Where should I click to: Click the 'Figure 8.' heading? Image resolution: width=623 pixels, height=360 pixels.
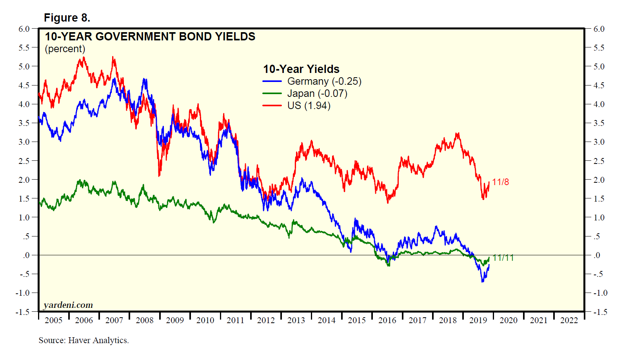tap(67, 18)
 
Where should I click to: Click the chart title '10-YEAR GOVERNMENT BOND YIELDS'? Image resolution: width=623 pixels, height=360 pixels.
tap(150, 37)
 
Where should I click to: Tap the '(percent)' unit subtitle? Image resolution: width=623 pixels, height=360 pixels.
tap(65, 49)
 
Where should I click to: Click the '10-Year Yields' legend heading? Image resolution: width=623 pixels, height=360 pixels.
tap(301, 69)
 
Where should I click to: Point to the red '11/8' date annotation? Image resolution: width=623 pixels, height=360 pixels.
tap(501, 182)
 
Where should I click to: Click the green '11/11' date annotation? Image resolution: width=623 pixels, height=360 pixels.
tap(503, 258)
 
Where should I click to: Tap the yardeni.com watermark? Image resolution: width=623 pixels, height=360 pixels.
tap(68, 305)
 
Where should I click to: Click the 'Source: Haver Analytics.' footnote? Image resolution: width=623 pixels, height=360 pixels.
tap(84, 340)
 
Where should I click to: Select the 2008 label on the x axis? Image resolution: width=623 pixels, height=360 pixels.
tap(145, 320)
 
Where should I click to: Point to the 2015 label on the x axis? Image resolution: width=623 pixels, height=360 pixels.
tap(357, 320)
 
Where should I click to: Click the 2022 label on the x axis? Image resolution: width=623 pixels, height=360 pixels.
tap(569, 320)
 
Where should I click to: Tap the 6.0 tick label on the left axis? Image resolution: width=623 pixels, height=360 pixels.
tap(24, 29)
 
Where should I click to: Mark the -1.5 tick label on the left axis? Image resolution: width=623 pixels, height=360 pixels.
tap(23, 312)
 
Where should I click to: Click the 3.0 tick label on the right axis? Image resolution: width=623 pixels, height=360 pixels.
tap(599, 142)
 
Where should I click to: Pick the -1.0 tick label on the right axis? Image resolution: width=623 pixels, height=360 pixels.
tap(600, 293)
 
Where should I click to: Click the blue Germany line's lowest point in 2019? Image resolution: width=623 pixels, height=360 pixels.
tap(483, 282)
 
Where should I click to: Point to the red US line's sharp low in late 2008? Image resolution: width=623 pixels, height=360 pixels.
tap(159, 176)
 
